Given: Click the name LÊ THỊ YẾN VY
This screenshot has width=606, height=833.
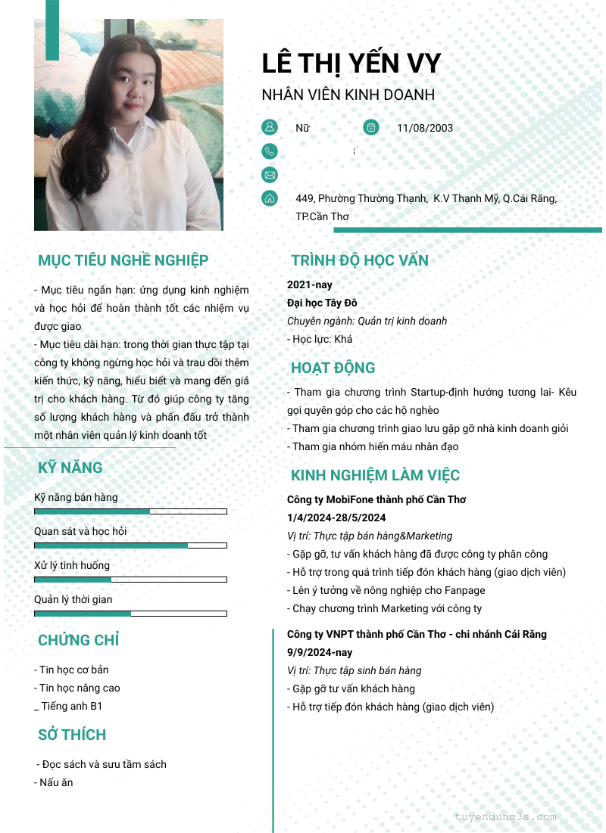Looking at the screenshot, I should coord(351,63).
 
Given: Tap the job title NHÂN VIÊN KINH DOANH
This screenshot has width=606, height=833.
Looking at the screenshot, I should coord(348,95).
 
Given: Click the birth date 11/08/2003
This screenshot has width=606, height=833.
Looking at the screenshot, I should coord(424,128).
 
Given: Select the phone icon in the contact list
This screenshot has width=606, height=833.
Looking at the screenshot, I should coord(269,151).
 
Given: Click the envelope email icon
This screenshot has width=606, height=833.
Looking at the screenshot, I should coord(269,175).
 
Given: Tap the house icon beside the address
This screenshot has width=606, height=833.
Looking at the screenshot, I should coord(269,198).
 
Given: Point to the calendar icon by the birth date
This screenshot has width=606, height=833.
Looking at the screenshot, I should coord(370,127).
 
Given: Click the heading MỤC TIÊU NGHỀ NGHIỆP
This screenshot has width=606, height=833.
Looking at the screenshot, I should coord(123,260).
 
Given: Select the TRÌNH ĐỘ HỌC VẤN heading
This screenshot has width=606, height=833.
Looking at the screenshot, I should coord(359,260).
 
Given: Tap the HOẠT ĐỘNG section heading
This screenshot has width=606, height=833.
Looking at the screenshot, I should coord(333,368).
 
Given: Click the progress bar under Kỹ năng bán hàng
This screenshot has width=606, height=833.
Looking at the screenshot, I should coord(130,511).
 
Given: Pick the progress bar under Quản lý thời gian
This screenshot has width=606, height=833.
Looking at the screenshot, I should coord(130,614).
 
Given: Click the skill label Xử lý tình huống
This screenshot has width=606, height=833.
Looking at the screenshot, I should coord(72,565).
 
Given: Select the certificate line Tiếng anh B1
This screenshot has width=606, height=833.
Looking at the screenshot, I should coord(71,706).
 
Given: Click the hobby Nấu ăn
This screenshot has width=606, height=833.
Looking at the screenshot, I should coord(55,782).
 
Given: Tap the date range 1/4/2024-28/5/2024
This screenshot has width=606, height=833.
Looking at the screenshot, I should coord(336,518).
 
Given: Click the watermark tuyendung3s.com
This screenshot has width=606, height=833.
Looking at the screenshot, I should coord(505,817).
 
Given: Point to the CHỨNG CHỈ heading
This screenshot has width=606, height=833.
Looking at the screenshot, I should coord(78,640).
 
